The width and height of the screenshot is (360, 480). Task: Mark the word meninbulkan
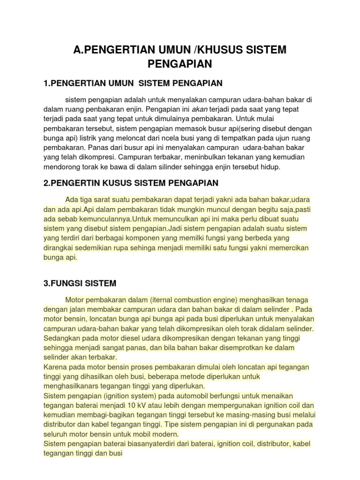[x=207, y=158]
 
